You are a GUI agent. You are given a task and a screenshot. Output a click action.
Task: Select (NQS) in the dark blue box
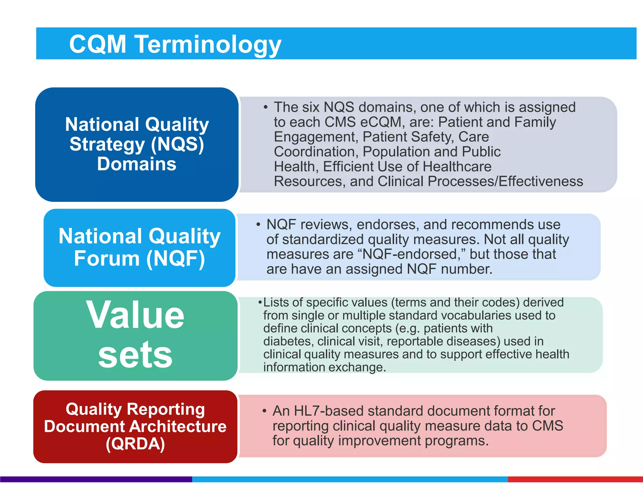[177, 144]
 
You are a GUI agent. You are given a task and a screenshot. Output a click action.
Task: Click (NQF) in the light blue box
[176, 258]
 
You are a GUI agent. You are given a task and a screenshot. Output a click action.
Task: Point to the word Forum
[107, 258]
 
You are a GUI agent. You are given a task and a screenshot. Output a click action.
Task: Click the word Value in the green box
[135, 315]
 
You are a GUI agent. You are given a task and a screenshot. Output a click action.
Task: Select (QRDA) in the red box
[135, 444]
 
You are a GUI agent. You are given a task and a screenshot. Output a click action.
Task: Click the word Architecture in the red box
[178, 426]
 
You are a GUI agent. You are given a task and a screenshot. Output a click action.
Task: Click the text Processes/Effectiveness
[505, 181]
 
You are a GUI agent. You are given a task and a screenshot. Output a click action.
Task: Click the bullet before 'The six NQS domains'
[266, 108]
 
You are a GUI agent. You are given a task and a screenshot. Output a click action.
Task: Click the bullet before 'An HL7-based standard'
[265, 411]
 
